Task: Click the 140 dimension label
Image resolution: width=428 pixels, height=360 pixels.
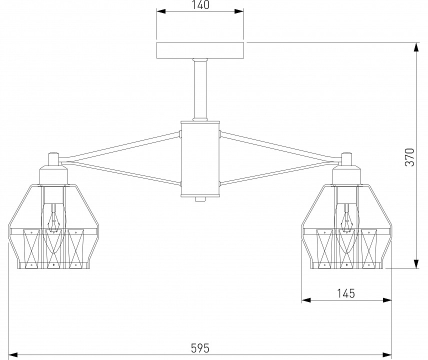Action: coord(200,5)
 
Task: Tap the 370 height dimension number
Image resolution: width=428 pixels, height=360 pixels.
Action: coord(409,157)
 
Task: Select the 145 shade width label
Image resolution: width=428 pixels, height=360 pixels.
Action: coord(346,293)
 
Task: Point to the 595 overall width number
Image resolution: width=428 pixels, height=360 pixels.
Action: coord(200,348)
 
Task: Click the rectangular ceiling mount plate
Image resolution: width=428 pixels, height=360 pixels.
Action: coord(200,50)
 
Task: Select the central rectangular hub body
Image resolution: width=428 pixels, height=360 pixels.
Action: coord(200,159)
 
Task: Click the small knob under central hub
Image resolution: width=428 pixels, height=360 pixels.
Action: coord(200,199)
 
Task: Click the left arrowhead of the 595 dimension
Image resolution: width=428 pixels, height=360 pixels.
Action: coord(13,355)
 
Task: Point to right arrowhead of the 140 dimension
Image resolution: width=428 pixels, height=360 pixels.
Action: coord(239,11)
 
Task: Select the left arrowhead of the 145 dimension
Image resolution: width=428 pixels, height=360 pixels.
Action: coord(306,300)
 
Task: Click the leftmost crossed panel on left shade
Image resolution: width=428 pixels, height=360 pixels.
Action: coord(31,248)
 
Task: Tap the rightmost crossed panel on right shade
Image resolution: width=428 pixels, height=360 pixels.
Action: coord(368,248)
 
